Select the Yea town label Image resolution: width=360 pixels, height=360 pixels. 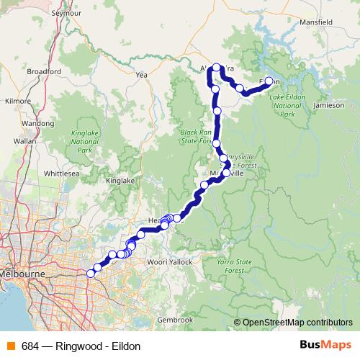tap(141, 74)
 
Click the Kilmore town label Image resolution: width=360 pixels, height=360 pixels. tap(17, 102)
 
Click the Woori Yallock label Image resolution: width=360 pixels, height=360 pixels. tap(171, 261)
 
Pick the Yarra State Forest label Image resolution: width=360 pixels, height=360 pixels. tap(231, 266)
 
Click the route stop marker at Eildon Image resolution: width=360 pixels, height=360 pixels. tap(269, 81)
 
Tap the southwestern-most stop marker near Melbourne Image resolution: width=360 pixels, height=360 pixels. tap(91, 273)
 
